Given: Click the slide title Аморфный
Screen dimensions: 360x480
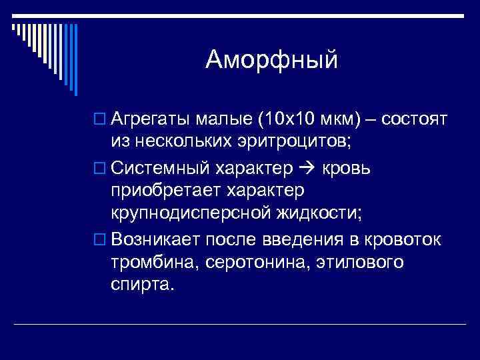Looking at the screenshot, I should point(272,61).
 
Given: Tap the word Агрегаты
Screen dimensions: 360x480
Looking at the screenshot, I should point(152,120).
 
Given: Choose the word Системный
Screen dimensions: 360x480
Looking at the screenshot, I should point(159,168).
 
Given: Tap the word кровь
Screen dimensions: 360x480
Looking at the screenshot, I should point(347,168).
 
